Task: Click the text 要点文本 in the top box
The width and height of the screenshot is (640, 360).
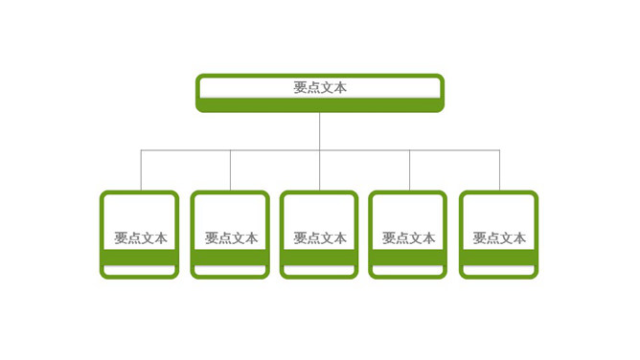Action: [320, 87]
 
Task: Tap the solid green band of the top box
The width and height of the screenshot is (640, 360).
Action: [320, 104]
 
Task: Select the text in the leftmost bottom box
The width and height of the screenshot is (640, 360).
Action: [141, 238]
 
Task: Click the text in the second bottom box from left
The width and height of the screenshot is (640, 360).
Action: [231, 238]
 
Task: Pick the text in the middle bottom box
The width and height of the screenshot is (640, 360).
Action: [320, 238]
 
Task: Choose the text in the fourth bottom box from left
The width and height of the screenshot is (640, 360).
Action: [409, 238]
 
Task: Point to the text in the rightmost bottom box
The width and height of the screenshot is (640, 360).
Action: [499, 238]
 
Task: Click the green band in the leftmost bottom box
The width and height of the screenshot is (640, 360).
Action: [140, 258]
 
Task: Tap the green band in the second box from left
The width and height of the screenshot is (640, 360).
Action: [230, 258]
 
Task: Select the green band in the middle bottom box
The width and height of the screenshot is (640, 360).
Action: [319, 258]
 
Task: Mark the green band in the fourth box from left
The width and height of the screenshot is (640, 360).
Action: [408, 258]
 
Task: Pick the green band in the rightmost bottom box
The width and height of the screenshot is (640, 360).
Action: [498, 258]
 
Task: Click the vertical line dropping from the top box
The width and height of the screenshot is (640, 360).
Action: [320, 130]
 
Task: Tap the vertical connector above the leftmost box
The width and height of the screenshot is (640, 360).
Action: [141, 170]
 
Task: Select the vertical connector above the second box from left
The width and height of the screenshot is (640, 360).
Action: [230, 170]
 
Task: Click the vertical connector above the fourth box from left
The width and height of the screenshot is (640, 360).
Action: [410, 170]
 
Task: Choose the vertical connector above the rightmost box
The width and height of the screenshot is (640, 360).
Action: [499, 170]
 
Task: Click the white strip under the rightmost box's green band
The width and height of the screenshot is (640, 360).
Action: [498, 271]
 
